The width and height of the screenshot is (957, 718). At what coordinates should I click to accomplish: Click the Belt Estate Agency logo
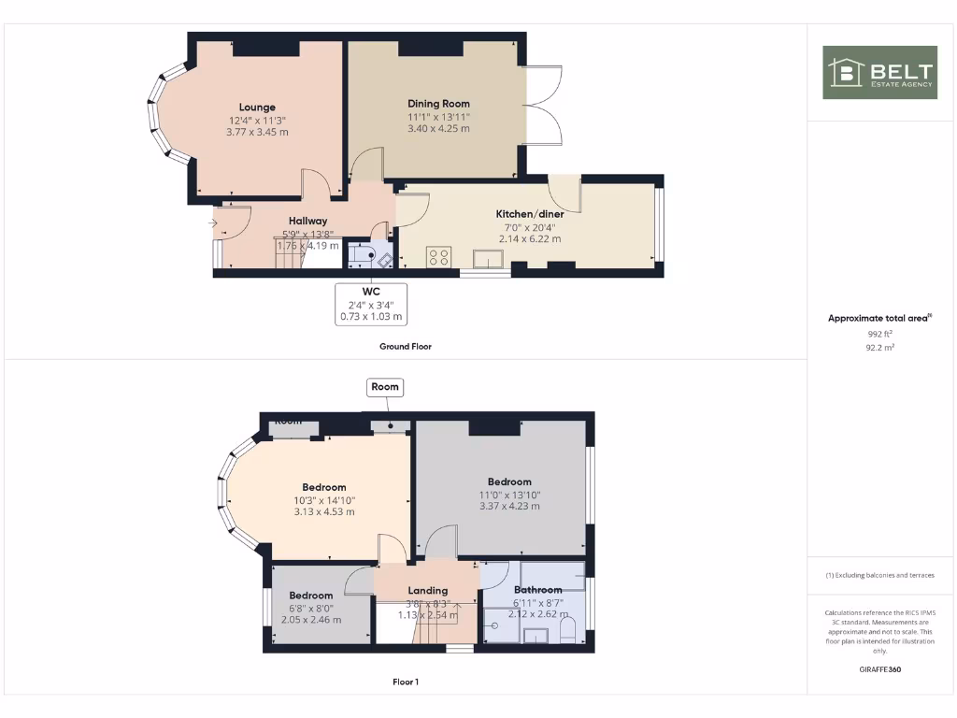click(879, 73)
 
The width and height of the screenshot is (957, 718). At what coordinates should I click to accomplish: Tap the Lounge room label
click(257, 108)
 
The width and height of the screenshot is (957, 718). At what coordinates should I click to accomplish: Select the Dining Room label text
click(438, 104)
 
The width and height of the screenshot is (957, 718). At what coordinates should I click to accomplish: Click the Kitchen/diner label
click(530, 214)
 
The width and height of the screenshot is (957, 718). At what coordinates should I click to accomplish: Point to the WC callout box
click(371, 304)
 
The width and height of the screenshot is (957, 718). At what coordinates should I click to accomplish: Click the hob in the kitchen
click(439, 256)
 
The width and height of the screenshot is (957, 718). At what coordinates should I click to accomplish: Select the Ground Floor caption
click(406, 346)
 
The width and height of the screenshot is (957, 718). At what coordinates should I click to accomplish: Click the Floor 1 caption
click(406, 682)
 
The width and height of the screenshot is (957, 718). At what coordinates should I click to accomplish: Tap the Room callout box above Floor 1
click(384, 386)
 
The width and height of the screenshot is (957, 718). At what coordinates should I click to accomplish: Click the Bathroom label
click(537, 590)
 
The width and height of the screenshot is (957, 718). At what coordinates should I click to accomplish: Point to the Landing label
click(427, 591)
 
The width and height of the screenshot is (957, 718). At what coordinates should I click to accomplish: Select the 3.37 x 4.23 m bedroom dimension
click(508, 506)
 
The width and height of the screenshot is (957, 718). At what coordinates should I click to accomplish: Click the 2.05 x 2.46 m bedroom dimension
click(311, 619)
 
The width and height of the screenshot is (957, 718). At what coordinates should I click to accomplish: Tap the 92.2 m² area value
click(879, 346)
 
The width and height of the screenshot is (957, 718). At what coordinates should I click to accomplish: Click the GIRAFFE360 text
click(879, 669)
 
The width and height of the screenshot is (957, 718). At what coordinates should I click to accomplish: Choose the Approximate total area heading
click(878, 319)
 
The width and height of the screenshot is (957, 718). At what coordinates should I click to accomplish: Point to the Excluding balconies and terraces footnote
click(879, 575)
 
